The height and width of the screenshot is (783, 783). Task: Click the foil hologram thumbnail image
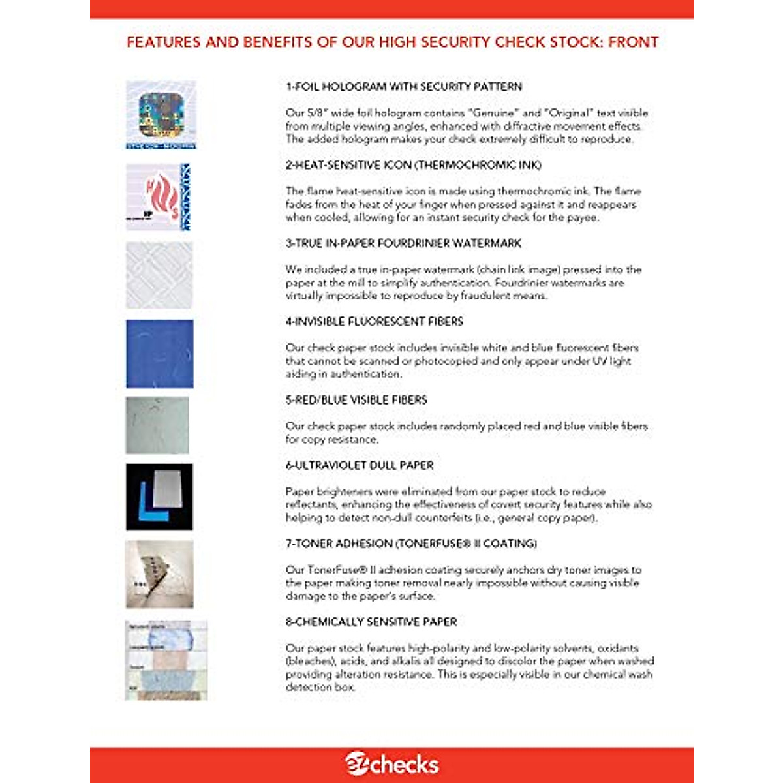pos(161,115)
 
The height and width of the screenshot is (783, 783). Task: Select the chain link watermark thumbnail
pos(159,275)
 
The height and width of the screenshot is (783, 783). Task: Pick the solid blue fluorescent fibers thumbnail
pos(159,354)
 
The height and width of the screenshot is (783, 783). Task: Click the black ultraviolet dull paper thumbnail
pos(159,497)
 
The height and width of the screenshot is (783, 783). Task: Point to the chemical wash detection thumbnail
pos(166,660)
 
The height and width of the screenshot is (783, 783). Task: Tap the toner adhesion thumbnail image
pos(159,574)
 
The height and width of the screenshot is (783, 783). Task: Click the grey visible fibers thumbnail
pos(157,425)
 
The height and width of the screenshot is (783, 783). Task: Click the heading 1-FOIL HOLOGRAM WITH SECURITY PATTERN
pos(404,86)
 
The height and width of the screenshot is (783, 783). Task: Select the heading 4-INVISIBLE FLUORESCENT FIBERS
pos(375,321)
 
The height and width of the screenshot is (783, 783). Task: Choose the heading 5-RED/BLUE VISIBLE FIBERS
pos(356,399)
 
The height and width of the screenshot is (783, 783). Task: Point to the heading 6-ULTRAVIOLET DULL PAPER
pos(360,465)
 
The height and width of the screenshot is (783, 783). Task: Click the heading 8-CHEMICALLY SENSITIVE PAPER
pos(371,622)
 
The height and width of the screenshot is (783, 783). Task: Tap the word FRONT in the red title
pos(633,42)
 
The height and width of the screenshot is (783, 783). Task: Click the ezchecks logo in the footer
pos(391,764)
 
